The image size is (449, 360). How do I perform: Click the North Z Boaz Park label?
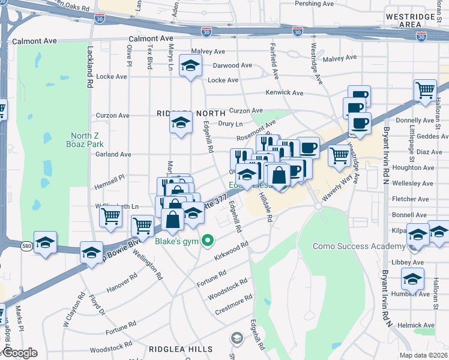(x=87, y=140)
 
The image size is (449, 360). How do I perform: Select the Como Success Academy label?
(x=359, y=247)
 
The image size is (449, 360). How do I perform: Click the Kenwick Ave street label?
(x=285, y=93)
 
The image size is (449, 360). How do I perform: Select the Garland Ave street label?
(x=113, y=154)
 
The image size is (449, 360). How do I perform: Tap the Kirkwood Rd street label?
(x=231, y=251)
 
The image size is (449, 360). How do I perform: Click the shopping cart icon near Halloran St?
(x=425, y=91)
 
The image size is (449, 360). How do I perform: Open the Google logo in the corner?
(x=20, y=353)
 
